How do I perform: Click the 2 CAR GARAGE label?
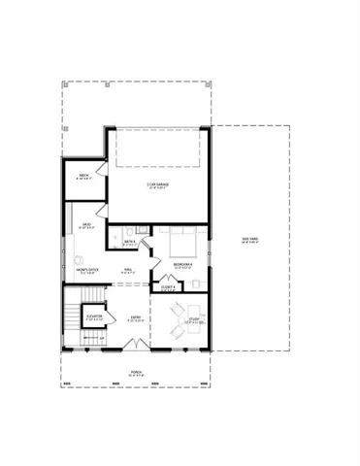pyautogui.click(x=159, y=185)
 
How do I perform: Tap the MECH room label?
pyautogui.click(x=84, y=176)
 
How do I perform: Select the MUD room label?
pyautogui.click(x=87, y=225)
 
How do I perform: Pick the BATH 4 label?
pyautogui.click(x=129, y=244)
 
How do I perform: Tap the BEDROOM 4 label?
pyautogui.click(x=182, y=265)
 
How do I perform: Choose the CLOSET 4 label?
pyautogui.click(x=167, y=287)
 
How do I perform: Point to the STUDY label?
pyautogui.click(x=193, y=321)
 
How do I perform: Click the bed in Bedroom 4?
pyautogui.click(x=183, y=239)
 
